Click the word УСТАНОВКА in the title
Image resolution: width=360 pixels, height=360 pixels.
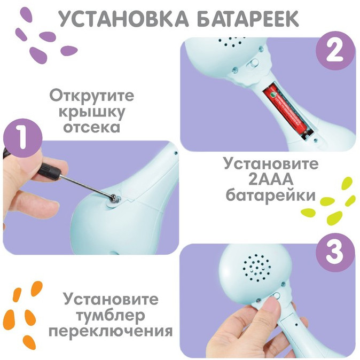pyautogui.click(x=124, y=18)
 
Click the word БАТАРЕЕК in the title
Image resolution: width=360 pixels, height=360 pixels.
pyautogui.click(x=248, y=18)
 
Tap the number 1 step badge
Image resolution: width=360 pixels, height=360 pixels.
pyautogui.click(x=23, y=138)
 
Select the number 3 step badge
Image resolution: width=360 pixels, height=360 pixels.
pyautogui.click(x=335, y=253)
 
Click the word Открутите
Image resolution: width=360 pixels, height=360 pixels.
pyautogui.click(x=92, y=96)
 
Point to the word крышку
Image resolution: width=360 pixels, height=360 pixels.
pyautogui.click(x=92, y=113)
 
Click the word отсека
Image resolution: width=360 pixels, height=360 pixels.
pyautogui.click(x=92, y=127)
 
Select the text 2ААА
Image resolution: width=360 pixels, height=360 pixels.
pyautogui.click(x=271, y=179)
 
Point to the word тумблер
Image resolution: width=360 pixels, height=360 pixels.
pyautogui.click(x=111, y=316)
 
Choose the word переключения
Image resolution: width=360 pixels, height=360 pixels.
pyautogui.click(x=111, y=332)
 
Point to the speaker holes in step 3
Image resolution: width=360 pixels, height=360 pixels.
pyautogui.click(x=257, y=268)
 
